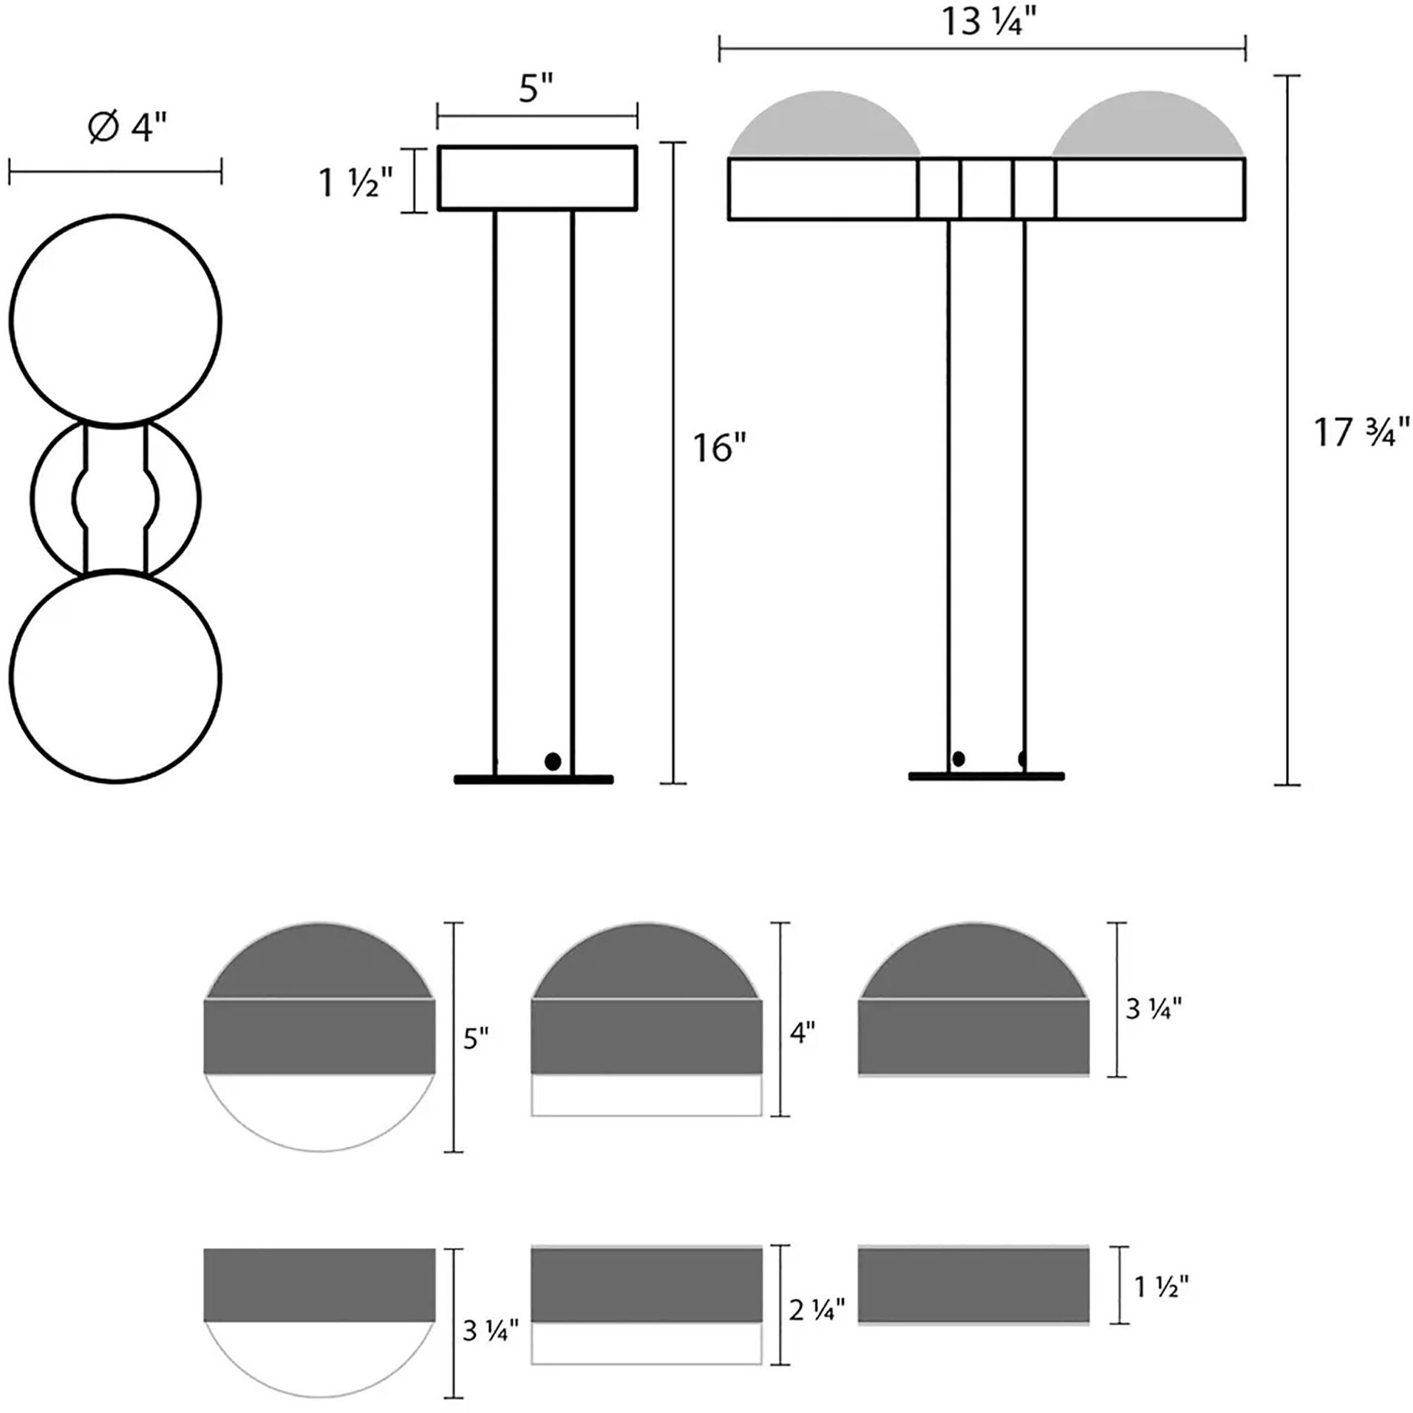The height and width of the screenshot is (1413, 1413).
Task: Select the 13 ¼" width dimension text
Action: pos(987,23)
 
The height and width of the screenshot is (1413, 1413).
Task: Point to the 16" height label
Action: pos(719,449)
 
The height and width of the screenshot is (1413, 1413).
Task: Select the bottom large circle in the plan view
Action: pos(115,676)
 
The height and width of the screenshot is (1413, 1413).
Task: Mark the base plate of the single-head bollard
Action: pos(534,779)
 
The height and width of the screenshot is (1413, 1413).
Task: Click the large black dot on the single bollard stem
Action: pos(552,761)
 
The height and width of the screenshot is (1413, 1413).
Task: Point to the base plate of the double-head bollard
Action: pos(986,776)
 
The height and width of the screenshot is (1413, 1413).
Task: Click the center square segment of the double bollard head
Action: pos(986,189)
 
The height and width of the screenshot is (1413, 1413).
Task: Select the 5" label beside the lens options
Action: pos(477,1041)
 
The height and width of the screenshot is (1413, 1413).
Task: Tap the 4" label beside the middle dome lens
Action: pos(803,1033)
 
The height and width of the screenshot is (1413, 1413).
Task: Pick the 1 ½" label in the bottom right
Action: pos(1161,1287)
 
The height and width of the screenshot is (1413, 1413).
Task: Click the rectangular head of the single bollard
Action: pos(537,178)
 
